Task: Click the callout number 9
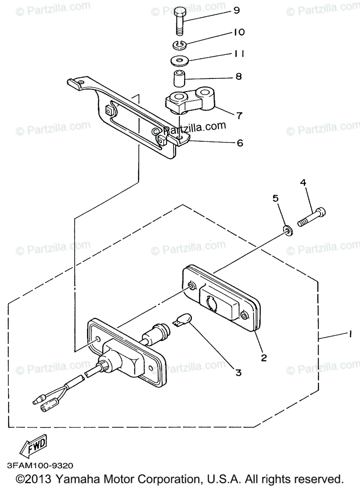tap(237, 11)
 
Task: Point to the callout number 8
tap(238, 76)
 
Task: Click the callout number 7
tap(239, 115)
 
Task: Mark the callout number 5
tap(275, 198)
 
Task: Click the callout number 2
tap(264, 358)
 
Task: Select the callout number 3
tap(238, 372)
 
